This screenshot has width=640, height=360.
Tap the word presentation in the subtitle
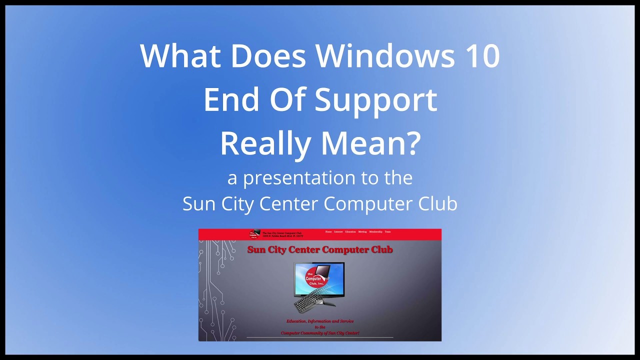click(x=299, y=178)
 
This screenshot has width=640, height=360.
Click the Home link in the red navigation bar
click(x=328, y=232)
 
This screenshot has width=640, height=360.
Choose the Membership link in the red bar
click(x=375, y=232)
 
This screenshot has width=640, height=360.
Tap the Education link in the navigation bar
click(x=350, y=232)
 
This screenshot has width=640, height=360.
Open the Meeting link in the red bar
click(x=362, y=232)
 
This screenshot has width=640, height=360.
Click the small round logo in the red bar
click(x=255, y=234)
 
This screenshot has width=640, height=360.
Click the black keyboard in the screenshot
click(x=309, y=300)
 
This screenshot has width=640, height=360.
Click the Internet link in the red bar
click(x=338, y=232)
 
